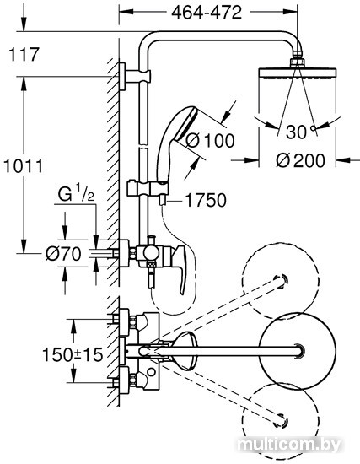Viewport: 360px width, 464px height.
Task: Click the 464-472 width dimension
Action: click(x=207, y=13)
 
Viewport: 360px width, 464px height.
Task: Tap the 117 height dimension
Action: click(x=24, y=55)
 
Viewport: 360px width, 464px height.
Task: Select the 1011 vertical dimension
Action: click(x=24, y=166)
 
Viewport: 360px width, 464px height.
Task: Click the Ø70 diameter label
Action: click(x=63, y=254)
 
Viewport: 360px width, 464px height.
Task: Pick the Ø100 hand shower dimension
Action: click(x=210, y=140)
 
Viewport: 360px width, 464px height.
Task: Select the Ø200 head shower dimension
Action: click(x=300, y=160)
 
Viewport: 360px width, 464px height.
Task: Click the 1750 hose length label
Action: click(x=206, y=200)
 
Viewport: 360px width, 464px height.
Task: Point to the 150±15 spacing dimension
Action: click(x=73, y=354)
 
